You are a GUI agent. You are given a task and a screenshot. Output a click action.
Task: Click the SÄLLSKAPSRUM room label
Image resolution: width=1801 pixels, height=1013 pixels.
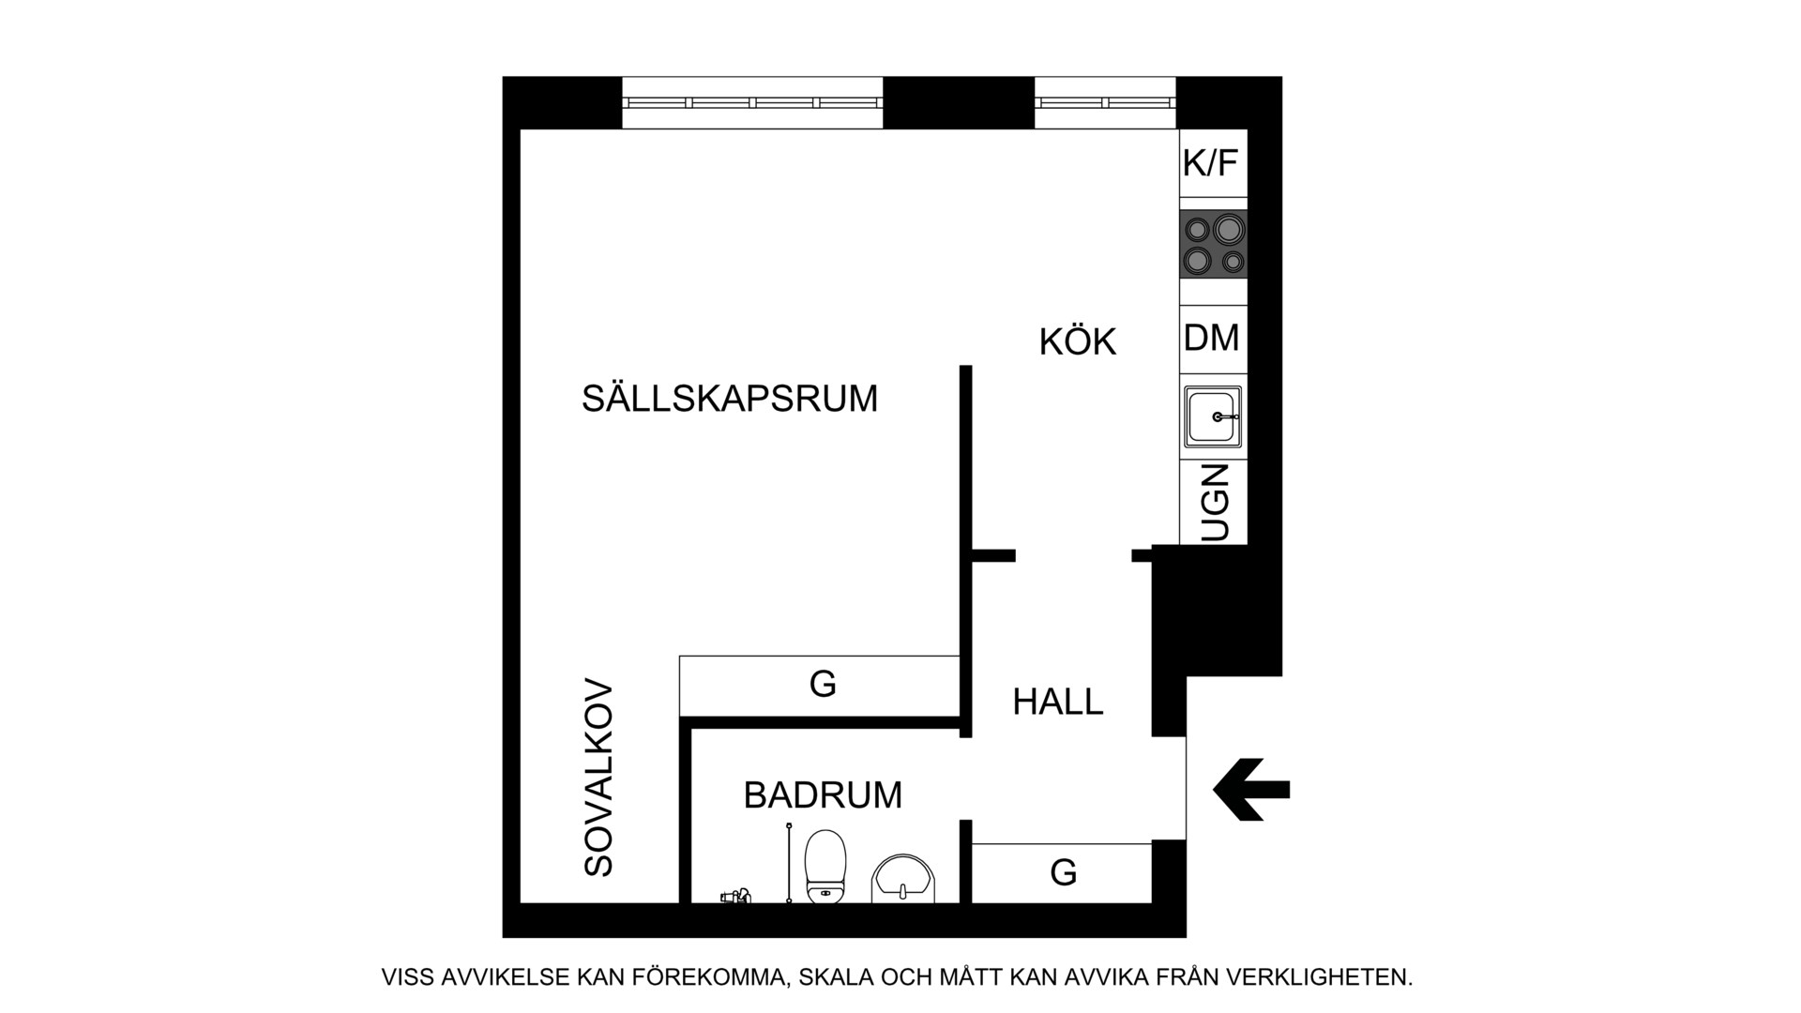[x=730, y=398]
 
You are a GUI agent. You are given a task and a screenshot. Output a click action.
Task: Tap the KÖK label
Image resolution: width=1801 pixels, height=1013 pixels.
[x=1078, y=341]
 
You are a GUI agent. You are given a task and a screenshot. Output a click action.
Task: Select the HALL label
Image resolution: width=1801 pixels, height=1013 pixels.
[x=1058, y=702]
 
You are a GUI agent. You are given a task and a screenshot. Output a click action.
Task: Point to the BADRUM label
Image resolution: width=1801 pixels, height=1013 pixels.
[x=823, y=795]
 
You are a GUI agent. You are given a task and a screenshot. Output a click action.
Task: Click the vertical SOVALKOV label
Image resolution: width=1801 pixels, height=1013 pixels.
[x=598, y=779]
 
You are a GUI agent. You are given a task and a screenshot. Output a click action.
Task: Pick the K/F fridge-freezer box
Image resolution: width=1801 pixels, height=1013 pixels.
[x=1213, y=163]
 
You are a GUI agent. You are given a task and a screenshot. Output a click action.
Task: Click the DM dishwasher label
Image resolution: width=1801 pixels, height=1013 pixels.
[x=1212, y=338]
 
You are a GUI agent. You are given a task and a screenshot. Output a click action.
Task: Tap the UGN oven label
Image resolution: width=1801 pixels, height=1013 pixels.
[x=1214, y=502]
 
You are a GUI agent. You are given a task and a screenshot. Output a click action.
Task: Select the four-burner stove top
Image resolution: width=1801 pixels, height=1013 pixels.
[x=1214, y=244]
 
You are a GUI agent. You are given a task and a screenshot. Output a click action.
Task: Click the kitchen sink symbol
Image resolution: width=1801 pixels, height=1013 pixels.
[x=1213, y=416]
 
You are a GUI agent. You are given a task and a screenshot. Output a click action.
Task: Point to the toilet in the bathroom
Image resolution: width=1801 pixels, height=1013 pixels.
[x=825, y=866]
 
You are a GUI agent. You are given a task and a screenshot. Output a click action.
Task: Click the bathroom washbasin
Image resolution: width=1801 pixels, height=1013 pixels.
[x=903, y=879]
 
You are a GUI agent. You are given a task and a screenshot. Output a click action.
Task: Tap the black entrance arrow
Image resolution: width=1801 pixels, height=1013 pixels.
[x=1251, y=789]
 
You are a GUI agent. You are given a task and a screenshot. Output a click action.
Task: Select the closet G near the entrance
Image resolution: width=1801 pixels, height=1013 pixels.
[x=1062, y=873]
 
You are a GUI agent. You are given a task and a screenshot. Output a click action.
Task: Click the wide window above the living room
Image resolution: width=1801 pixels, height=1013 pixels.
[x=753, y=102]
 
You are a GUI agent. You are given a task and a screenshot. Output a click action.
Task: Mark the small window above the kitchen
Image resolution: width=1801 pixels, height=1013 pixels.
[x=1106, y=102]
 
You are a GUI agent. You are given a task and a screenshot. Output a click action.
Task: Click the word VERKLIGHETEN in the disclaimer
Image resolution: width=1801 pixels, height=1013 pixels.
[x=1320, y=977]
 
